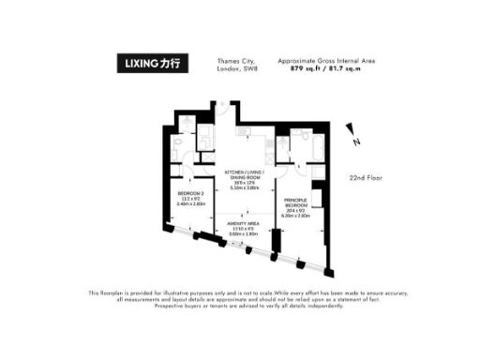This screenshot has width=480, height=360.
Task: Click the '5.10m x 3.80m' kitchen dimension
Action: point(243,188)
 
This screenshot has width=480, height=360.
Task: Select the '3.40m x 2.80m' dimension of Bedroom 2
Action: point(190,203)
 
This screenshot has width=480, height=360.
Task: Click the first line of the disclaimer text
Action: point(240,293)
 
